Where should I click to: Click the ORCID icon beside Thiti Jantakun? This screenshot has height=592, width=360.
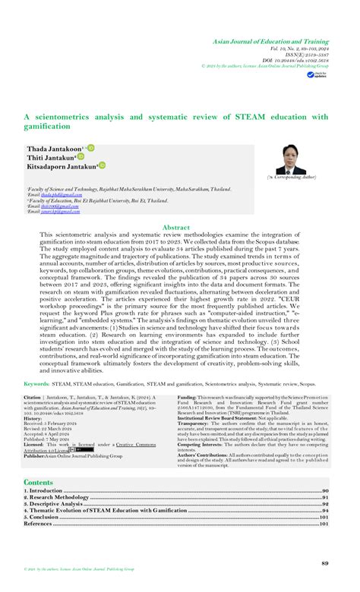pyautogui.click(x=80, y=157)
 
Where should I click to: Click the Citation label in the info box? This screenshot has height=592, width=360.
pyautogui.click(x=32, y=397)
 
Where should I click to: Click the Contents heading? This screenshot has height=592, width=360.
pyautogui.click(x=39, y=482)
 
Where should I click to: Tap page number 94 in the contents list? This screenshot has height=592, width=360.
pyautogui.click(x=323, y=511)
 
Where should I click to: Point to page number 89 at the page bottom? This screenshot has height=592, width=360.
pyautogui.click(x=324, y=562)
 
